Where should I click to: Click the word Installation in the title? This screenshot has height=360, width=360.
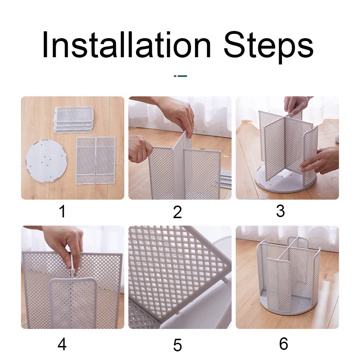tap(126, 45)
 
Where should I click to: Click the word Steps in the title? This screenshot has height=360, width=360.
tap(269, 47)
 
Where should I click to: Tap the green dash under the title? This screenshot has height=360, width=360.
tap(180, 76)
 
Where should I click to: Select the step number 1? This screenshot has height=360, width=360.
tap(62, 211)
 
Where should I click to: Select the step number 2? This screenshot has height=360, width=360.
tap(177, 212)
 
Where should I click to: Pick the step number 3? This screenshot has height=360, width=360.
tap(280, 211)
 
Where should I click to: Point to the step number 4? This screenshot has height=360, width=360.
tap(62, 344)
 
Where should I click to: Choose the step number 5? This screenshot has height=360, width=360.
tap(177, 345)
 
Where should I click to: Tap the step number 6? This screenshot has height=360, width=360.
tap(284, 344)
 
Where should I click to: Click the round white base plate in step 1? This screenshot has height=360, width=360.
tap(46, 162)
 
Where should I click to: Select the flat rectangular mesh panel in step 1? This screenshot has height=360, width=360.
tap(96, 161)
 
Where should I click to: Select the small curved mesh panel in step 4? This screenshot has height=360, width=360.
tap(73, 303)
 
